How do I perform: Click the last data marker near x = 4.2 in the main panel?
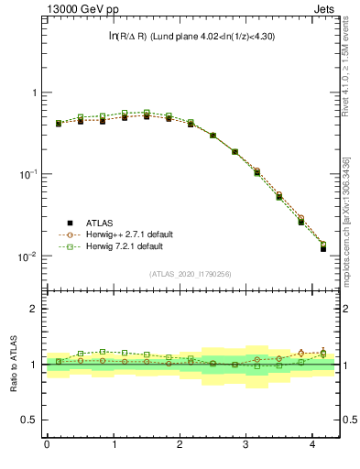click(x=322, y=248)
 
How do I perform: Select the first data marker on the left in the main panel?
click(x=58, y=123)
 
